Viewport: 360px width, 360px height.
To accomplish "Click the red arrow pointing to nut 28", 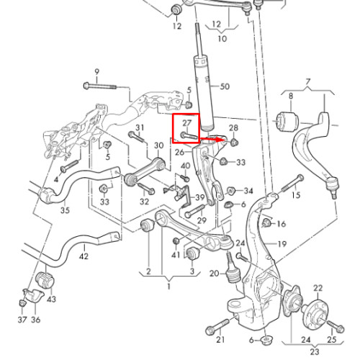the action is point(211,139).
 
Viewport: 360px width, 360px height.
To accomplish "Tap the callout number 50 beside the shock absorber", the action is point(225,86).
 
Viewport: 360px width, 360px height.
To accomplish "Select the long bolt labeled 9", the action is point(99,86).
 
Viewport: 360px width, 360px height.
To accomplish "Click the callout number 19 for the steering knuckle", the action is point(282,244).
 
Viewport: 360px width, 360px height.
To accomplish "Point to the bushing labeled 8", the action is point(287,121).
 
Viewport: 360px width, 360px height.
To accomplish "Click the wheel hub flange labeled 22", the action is point(315,312).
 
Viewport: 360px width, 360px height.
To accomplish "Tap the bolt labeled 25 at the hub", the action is point(335,325).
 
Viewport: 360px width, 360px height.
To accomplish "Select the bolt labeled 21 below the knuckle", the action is point(218,327).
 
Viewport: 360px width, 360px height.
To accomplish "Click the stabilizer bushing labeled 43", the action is point(45,280).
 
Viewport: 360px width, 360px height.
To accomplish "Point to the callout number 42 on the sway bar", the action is point(84,256).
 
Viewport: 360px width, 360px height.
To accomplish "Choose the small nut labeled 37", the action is point(22,302).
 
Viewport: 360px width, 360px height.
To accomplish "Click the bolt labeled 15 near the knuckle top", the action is point(292,184).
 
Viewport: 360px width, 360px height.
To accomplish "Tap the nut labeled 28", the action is point(234,142).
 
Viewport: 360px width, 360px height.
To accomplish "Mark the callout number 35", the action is point(65,210).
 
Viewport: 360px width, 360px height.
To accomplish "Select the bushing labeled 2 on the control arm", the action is point(147,225).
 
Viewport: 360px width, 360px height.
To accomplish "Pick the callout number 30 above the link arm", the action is point(158,145).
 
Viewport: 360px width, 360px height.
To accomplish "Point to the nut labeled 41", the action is point(176,240).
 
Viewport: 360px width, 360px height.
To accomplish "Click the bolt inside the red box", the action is point(189,137).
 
